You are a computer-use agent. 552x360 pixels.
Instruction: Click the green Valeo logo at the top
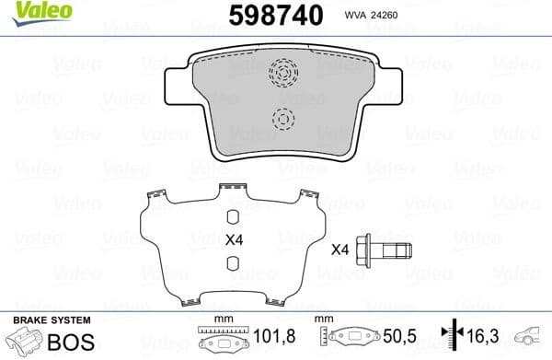pos(31,11)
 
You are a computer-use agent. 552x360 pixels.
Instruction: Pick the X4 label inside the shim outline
pos(234,240)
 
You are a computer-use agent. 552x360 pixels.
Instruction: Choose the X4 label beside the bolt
pos(340,249)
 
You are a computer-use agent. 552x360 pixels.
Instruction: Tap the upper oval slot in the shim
pos(234,216)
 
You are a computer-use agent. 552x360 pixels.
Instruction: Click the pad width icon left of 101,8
pos(219,341)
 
